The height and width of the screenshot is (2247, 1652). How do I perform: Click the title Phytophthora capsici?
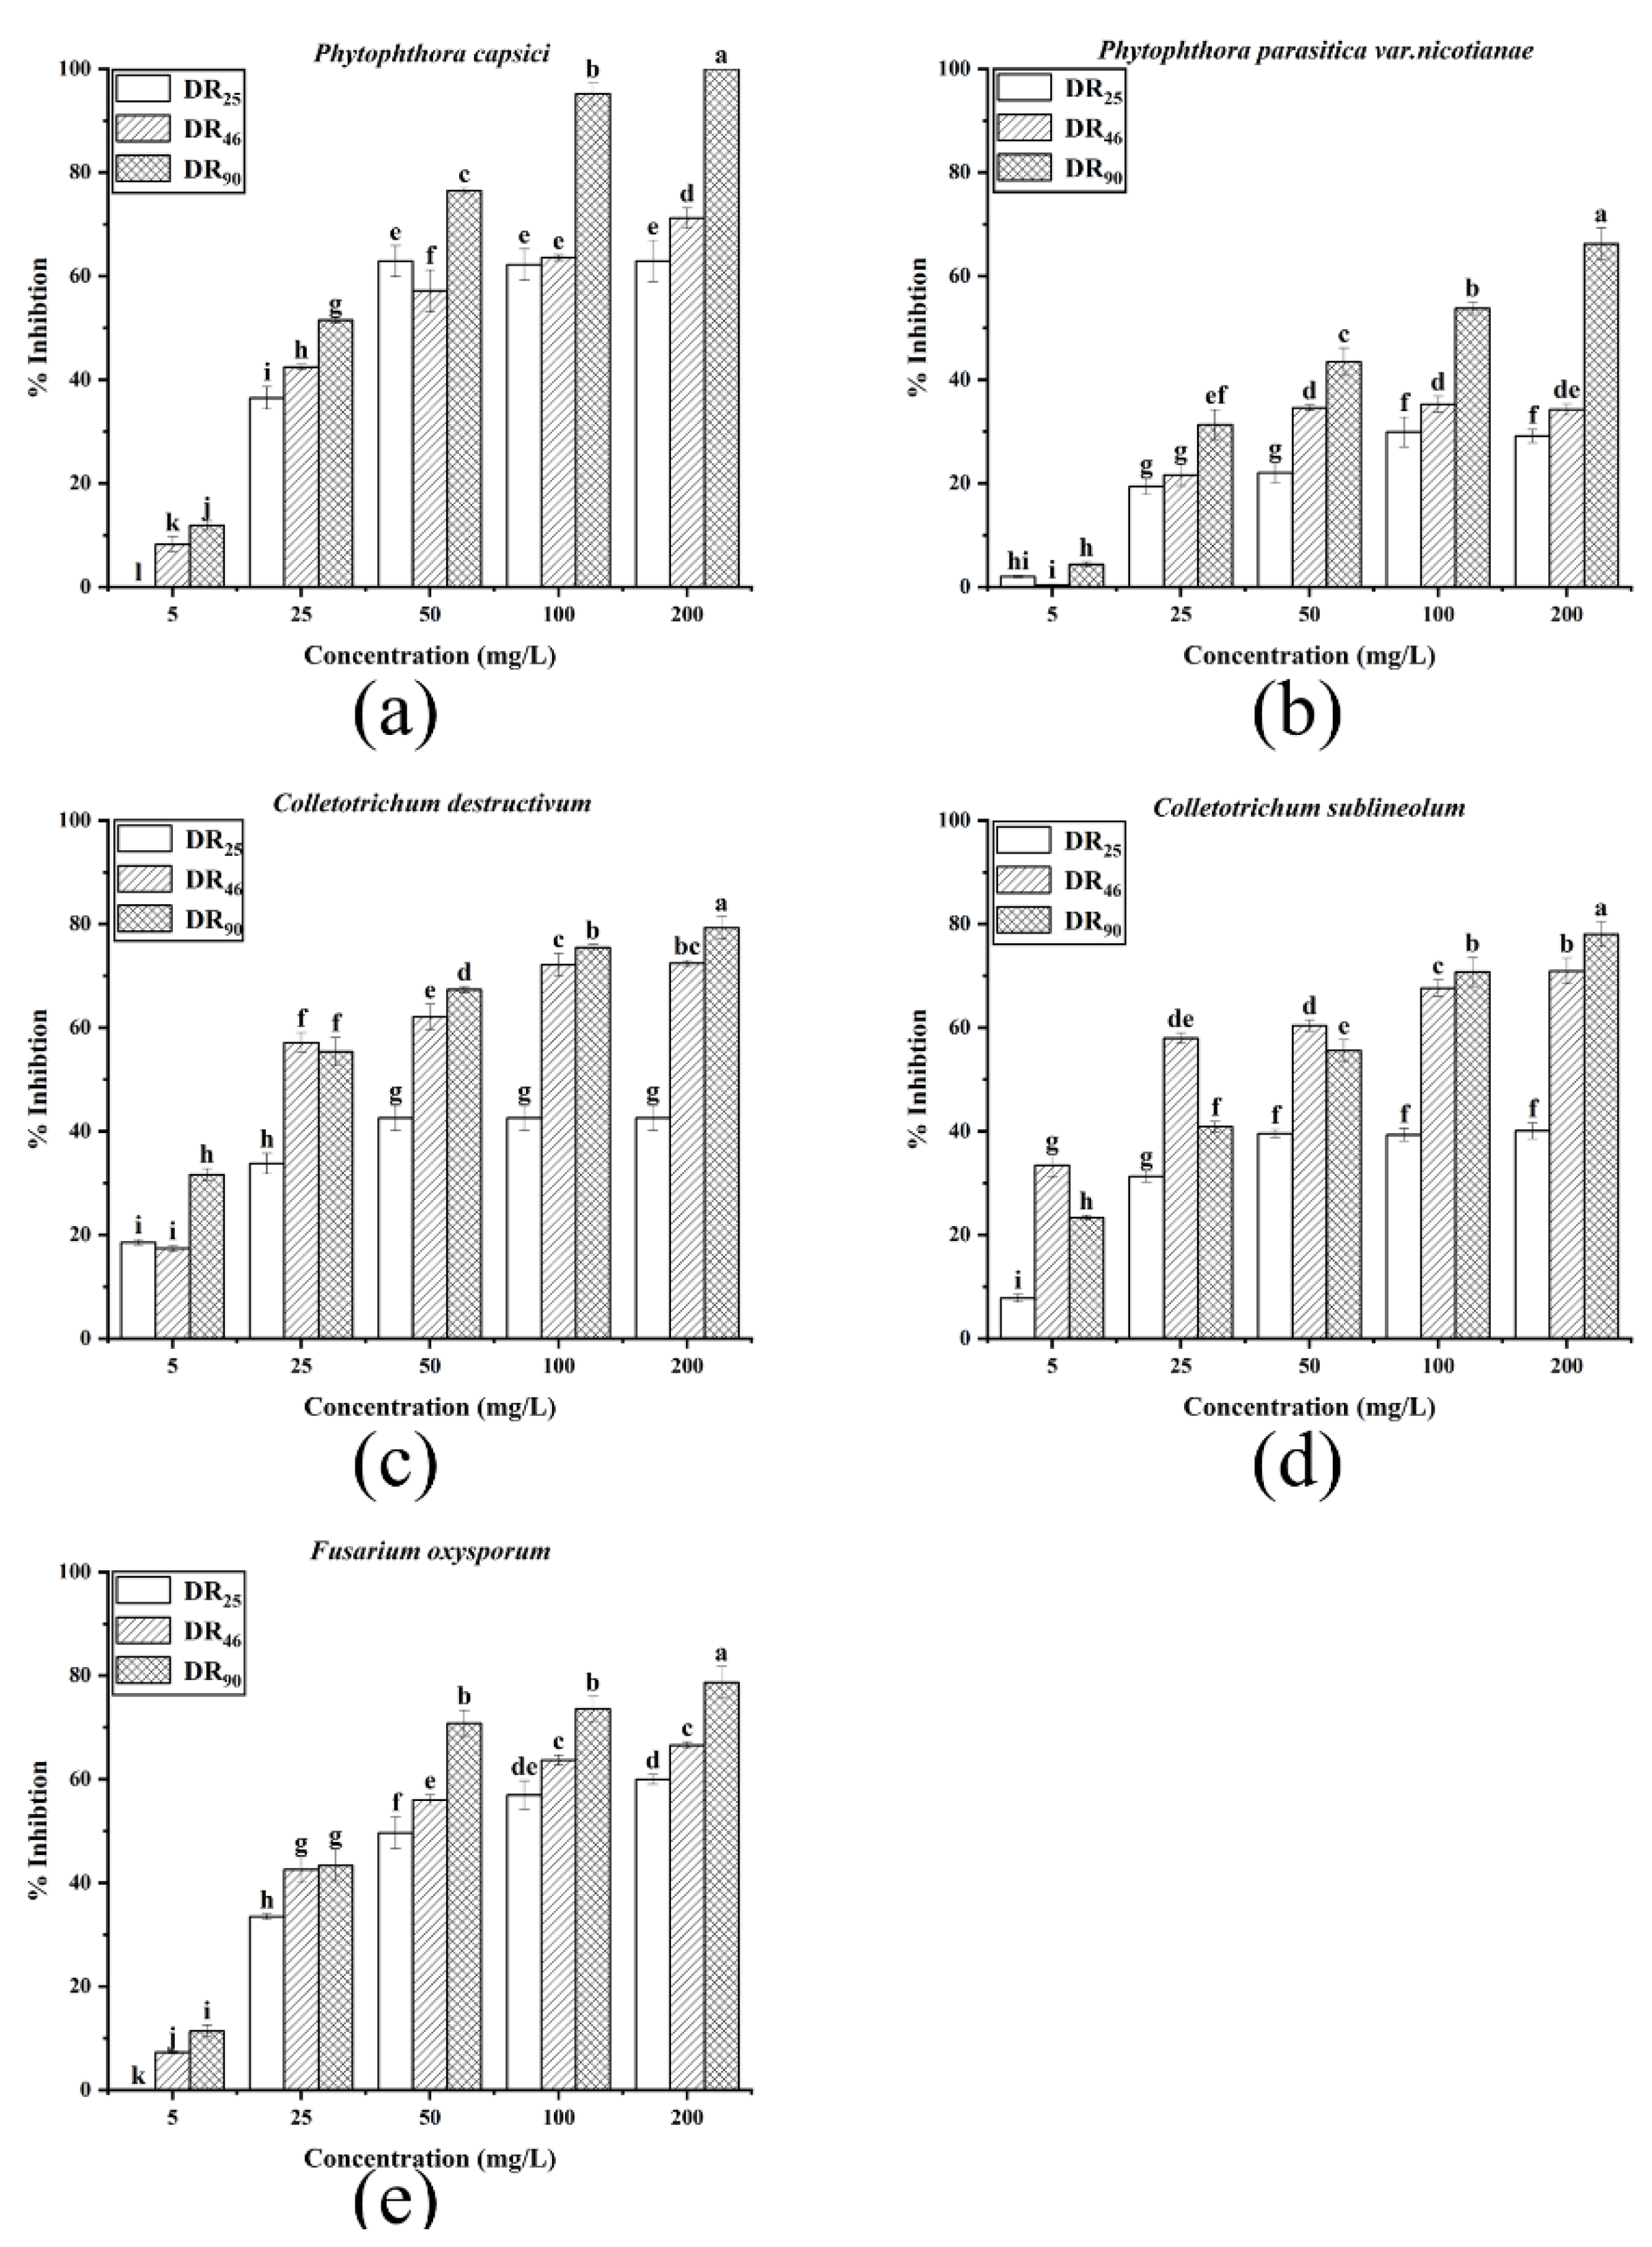tap(432, 53)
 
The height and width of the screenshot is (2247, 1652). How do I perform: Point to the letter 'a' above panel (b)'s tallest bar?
tap(1600, 215)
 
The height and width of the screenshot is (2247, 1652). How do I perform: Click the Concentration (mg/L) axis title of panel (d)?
tap(1309, 1408)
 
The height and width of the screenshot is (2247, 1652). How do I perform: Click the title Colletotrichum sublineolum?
tap(1309, 808)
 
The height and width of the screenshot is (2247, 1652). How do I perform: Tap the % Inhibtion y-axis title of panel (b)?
tap(918, 328)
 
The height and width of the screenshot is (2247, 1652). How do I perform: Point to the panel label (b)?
tap(1296, 712)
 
